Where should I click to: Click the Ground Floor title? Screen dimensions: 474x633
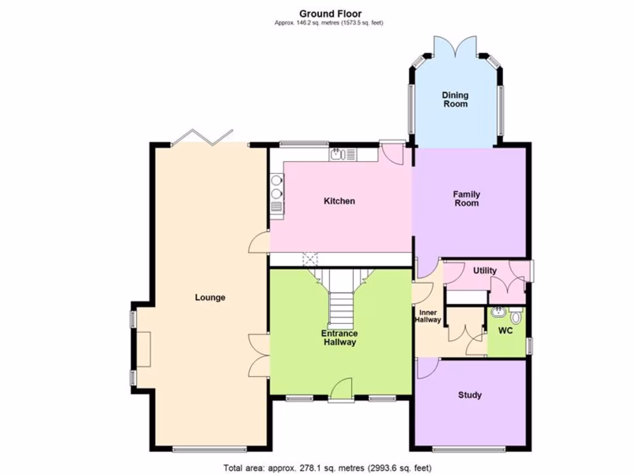pos(330,14)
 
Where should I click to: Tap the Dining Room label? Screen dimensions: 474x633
pos(454,99)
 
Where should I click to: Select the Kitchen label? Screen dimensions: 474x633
pos(340,201)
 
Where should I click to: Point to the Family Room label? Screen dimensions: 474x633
pos(467,199)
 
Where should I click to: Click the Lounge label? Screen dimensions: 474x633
pos(210,297)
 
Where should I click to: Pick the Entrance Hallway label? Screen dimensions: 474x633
pos(339,338)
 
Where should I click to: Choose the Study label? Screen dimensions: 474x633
pos(470,395)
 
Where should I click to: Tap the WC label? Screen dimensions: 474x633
pos(506,331)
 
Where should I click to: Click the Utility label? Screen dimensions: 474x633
pos(485,271)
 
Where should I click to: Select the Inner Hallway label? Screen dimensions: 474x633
pos(428,316)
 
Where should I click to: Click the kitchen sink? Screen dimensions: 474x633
pos(338,154)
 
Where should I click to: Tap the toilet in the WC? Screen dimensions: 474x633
pos(516,316)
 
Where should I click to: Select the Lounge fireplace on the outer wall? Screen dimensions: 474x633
pos(143,349)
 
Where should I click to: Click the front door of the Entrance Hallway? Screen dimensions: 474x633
pos(340,390)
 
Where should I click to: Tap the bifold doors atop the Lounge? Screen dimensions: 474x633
pos(202,137)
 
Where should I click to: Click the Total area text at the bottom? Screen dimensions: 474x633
pos(327,468)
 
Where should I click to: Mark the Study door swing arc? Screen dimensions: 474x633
pos(425,368)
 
